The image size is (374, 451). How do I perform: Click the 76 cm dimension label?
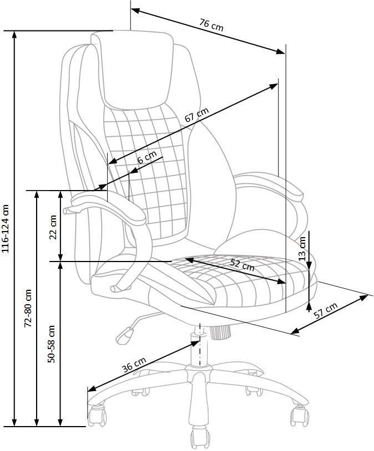pos(211,24)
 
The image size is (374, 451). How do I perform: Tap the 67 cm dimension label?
pos(196,115)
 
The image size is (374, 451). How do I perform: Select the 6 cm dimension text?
pos(147,157)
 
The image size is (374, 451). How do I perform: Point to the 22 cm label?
pos(53,227)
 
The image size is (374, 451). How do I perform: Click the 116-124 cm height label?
pos(6,229)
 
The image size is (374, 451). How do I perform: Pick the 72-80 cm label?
pos(28,308)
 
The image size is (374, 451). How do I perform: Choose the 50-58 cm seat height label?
pos(51,344)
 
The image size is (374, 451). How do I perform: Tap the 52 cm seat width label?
pos(242,265)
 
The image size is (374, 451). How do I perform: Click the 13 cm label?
pos(302,248)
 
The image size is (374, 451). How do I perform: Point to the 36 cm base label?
pos(134,365)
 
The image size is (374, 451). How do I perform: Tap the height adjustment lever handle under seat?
pos(125,335)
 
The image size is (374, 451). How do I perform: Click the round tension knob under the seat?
pos(220,332)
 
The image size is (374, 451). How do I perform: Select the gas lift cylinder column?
pos(199,347)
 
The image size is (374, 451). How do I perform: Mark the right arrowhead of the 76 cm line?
pos(280,52)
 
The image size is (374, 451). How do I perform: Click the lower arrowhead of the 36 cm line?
pos(92,388)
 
